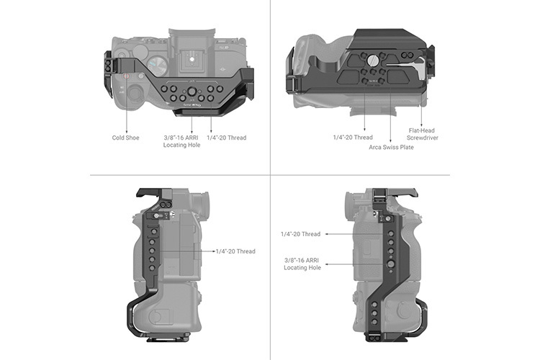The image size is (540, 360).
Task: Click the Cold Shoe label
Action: tap(125, 137)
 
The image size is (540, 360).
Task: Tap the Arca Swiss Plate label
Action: tap(392, 147)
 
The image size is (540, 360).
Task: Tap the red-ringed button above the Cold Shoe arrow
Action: tap(127, 76)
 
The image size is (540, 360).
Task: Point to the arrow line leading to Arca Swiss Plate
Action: tap(391, 115)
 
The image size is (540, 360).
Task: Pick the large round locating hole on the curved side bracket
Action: tap(390, 264)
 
